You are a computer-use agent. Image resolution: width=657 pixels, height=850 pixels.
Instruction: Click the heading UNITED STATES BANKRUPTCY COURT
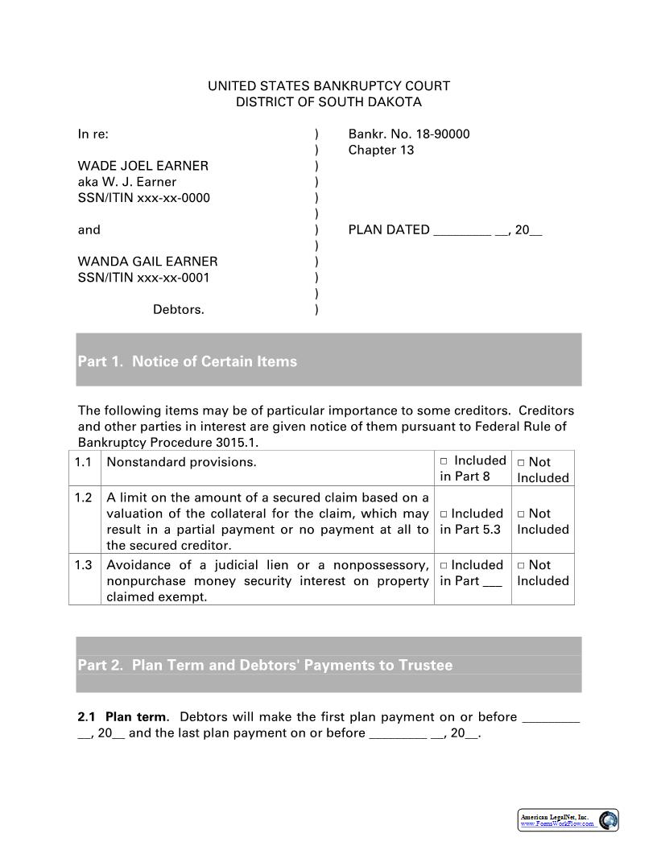coord(328,86)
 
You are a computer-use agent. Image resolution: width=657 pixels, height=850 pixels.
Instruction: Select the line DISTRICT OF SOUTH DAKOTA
coord(328,102)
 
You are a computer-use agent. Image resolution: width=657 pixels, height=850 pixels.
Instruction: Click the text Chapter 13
coord(381,151)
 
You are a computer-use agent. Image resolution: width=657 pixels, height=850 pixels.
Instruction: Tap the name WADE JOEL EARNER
coord(143,166)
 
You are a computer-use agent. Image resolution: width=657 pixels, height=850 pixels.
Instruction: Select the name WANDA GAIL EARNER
coord(147,262)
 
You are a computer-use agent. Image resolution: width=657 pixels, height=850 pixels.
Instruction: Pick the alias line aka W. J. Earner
coord(126,182)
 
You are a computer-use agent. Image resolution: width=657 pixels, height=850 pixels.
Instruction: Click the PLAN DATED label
coord(389,230)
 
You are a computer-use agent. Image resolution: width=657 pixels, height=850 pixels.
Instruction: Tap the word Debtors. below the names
coord(178,310)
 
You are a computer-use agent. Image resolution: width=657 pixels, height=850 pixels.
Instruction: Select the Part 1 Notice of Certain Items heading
coord(187,361)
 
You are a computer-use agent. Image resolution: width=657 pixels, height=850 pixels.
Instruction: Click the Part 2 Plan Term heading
coord(265,666)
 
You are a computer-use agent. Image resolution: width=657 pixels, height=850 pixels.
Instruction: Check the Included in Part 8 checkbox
coord(444,461)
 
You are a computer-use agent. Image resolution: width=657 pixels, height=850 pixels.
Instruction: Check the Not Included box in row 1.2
coord(521,514)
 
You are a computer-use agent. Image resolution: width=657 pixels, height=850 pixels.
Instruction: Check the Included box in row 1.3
coord(444,566)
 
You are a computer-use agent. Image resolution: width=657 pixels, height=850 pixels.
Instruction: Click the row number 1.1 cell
coord(84,462)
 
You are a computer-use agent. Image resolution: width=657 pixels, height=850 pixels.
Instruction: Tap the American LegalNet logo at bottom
coord(568,820)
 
